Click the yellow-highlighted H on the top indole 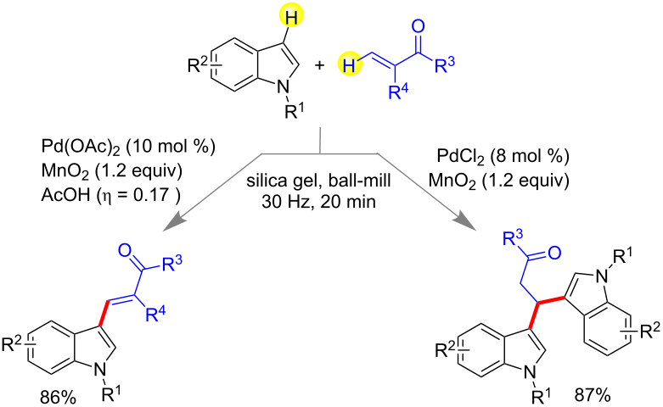click(x=289, y=18)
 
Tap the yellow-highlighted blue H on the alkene click(x=350, y=65)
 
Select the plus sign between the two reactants click(x=320, y=65)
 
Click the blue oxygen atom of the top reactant click(x=418, y=26)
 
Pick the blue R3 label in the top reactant click(x=444, y=64)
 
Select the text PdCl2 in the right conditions click(x=461, y=157)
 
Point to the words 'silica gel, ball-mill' click(x=319, y=181)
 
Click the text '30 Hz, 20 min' click(x=318, y=202)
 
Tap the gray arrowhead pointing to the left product click(x=174, y=223)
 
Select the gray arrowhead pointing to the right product click(x=466, y=222)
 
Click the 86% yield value click(x=59, y=398)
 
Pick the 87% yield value click(x=593, y=396)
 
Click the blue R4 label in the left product click(x=155, y=314)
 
